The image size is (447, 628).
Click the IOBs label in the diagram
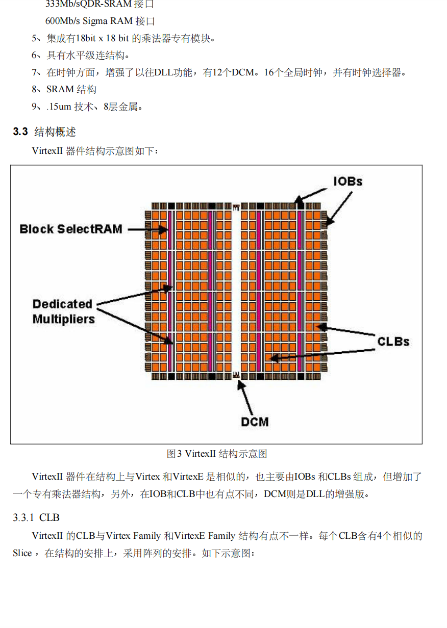[x=347, y=181]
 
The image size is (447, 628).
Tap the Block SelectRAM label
[x=71, y=229]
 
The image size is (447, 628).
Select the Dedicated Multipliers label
[x=63, y=311]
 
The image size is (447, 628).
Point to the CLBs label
[x=393, y=341]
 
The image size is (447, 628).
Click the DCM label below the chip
[x=255, y=422]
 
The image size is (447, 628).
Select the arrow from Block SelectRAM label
[x=147, y=230]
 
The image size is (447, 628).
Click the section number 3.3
[x=20, y=132]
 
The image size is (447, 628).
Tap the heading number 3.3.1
[x=23, y=518]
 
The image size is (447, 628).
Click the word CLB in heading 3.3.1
[x=49, y=518]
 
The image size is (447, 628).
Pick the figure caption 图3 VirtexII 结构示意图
[x=217, y=454]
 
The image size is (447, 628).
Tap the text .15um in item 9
[x=59, y=107]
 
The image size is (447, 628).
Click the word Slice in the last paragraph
[x=22, y=553]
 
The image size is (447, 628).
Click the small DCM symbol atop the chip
[x=236, y=207]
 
